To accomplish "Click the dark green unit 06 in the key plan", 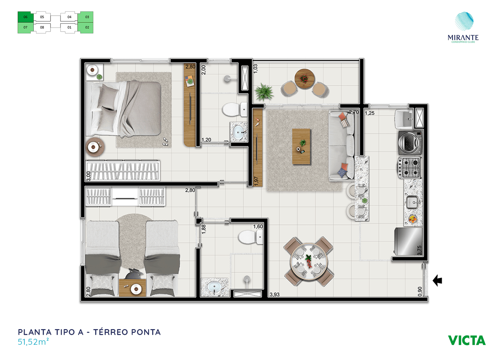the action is tap(26, 17).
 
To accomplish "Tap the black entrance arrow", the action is tap(437, 280).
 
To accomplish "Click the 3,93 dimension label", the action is tap(274, 294).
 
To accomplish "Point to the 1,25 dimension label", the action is tap(370, 113).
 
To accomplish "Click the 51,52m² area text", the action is tap(33, 342).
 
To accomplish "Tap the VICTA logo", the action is tap(467, 340).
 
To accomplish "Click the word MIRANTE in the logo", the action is tap(463, 37).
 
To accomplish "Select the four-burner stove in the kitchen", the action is tap(409, 168).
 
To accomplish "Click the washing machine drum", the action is tap(409, 142).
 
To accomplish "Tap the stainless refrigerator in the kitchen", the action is tap(408, 241).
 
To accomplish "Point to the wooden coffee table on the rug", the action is tap(301, 146).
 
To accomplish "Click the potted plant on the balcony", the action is tap(264, 92).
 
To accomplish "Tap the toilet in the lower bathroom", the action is tap(250, 237).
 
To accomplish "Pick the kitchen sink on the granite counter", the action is tap(412, 202).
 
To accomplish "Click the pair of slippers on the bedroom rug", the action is tap(165, 142).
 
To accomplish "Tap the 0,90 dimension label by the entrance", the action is tap(420, 291).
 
